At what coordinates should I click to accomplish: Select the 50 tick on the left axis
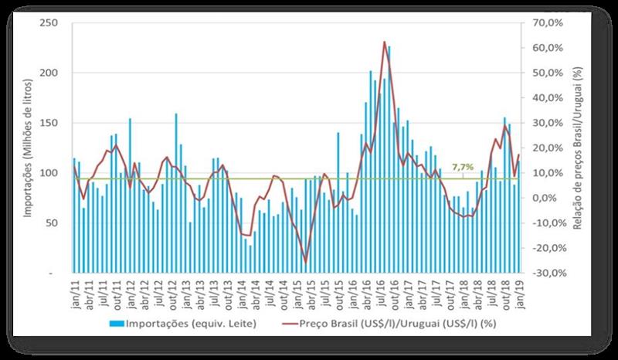point(53,223)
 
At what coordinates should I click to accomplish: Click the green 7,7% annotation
point(462,167)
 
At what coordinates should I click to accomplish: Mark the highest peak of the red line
point(385,42)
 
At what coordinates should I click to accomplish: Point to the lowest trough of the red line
point(306,262)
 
